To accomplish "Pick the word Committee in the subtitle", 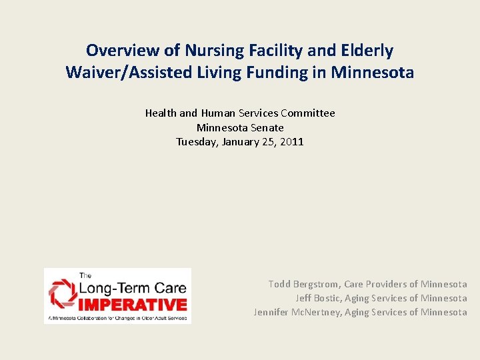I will pyautogui.click(x=308, y=113).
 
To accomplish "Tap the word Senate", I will pyautogui.click(x=267, y=127).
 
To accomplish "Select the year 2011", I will pyautogui.click(x=291, y=141).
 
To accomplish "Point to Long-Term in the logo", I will pyautogui.click(x=111, y=287).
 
